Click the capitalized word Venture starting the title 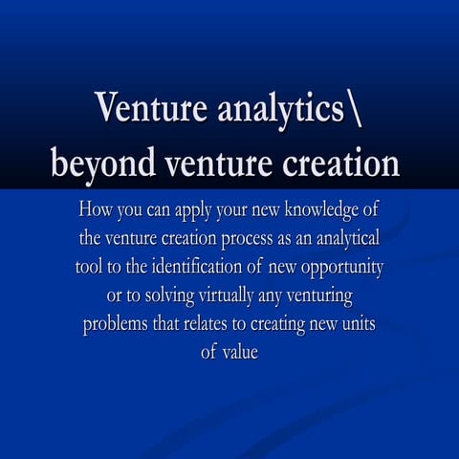[x=143, y=108]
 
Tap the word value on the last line [x=241, y=351]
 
